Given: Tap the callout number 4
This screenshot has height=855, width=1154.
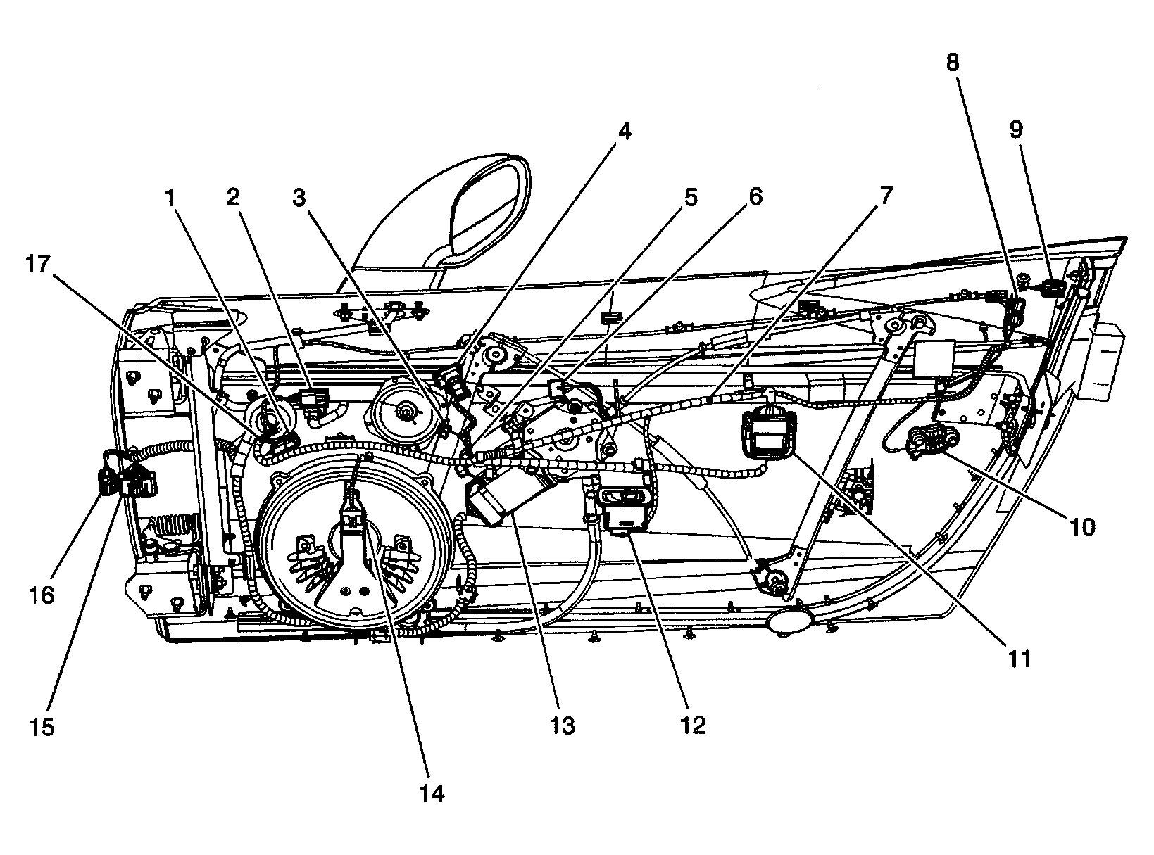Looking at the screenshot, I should tap(624, 132).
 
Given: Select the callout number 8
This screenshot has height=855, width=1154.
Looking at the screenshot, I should tap(952, 63).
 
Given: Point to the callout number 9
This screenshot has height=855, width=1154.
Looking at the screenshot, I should tap(1015, 129).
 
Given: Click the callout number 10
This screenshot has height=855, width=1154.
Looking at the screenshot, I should tap(1083, 526).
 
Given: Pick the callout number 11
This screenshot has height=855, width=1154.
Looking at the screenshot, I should tap(1019, 659).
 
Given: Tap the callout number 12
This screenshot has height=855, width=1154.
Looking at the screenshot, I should tap(693, 725).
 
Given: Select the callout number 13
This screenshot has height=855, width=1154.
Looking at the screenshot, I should tap(563, 725).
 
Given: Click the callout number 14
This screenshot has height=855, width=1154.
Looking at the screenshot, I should tap(432, 793).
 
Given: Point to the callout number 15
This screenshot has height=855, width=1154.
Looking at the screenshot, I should tap(42, 726).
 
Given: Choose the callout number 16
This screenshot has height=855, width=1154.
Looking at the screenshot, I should tap(42, 595).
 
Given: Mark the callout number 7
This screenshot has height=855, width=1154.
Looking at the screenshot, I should tap(885, 196).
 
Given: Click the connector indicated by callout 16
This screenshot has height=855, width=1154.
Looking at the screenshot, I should tap(106, 483).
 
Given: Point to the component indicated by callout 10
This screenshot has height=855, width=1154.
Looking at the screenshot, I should tap(933, 443).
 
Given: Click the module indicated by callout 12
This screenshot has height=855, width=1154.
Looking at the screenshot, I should tap(624, 510).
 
